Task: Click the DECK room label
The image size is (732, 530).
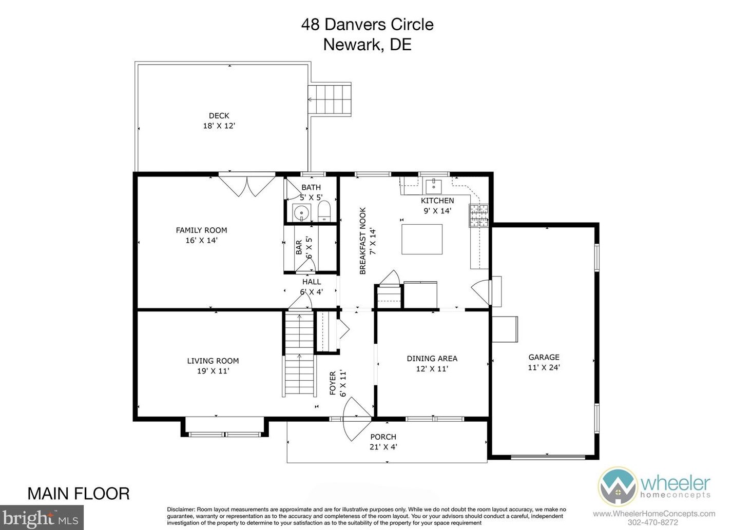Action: (219, 116)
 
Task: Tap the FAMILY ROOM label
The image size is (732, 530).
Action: (201, 230)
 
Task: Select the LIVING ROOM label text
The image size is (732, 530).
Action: (213, 361)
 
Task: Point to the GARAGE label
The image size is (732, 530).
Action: (544, 358)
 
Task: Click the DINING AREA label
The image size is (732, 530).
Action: (432, 359)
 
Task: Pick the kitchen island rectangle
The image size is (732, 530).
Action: (421, 239)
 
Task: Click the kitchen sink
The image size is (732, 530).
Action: (434, 184)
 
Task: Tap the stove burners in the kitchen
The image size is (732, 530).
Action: (478, 215)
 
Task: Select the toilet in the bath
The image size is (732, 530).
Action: (324, 211)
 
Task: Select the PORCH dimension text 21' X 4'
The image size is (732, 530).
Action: (383, 447)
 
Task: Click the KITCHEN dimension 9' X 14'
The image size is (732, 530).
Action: (437, 211)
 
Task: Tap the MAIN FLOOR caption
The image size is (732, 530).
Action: (78, 494)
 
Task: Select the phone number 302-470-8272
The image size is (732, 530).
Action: (653, 523)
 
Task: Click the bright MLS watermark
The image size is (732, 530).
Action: (42, 518)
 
